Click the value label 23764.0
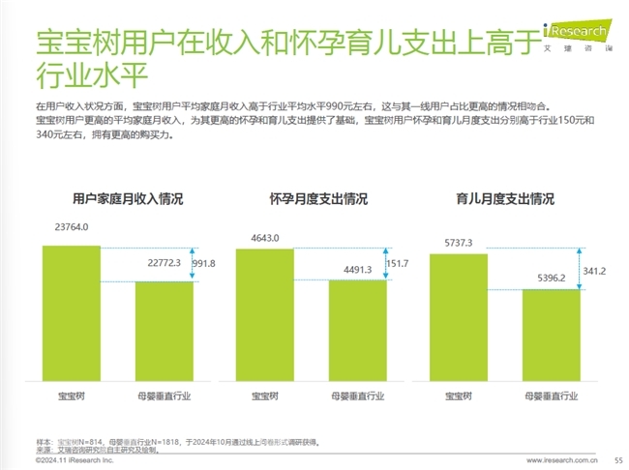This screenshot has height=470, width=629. tap(72, 228)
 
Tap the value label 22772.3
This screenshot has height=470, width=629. tap(165, 262)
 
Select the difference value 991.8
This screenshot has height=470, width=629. tap(205, 262)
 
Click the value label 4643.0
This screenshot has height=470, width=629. tap(264, 237)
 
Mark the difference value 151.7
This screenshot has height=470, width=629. tap(398, 264)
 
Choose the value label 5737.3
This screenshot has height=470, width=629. tap(458, 243)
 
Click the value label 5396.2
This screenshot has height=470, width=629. tap(552, 279)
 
